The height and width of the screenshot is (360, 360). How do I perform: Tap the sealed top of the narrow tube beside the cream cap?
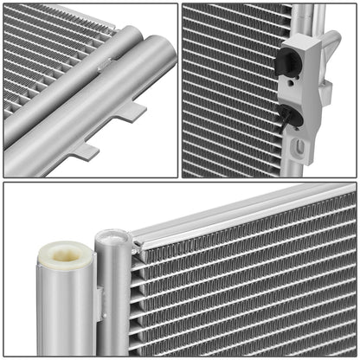click(112, 237)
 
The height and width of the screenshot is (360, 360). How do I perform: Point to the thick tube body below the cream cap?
click(63, 312)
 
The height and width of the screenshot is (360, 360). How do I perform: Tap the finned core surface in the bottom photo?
click(251, 286)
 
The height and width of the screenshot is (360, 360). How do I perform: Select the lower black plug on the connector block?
click(292, 116)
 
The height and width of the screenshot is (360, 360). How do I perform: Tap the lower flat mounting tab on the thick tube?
click(84, 151)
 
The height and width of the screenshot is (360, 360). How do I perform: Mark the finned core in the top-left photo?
click(43, 52)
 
